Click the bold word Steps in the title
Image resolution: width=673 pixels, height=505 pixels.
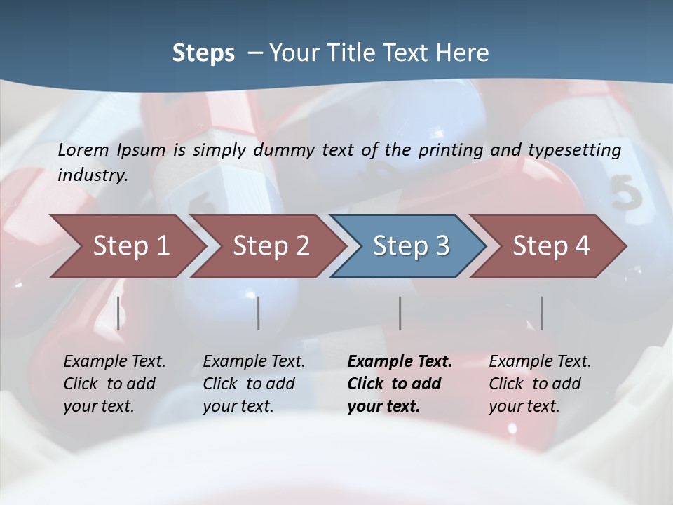point(203,53)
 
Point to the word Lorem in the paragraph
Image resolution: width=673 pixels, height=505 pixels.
point(83,149)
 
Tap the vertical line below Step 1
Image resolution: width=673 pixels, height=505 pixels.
point(118,313)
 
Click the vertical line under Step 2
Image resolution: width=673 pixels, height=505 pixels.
point(259,313)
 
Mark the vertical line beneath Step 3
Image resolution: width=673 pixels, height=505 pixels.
point(400,313)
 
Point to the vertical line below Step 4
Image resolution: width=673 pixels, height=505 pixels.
point(541,313)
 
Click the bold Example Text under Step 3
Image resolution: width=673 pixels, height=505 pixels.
point(400,362)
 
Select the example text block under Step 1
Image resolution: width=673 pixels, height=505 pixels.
point(114,384)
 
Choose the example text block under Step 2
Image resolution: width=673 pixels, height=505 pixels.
point(254,384)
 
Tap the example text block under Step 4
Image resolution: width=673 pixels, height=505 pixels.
point(540,384)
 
